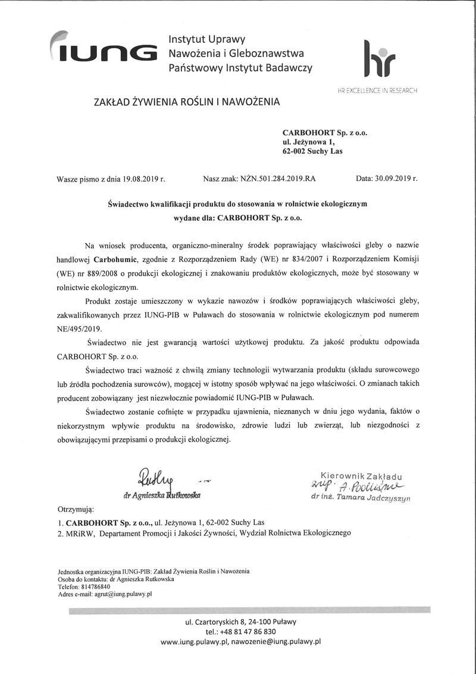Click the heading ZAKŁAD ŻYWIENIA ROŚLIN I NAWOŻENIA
(186, 102)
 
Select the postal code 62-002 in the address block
(296, 151)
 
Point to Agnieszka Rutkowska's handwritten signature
(156, 478)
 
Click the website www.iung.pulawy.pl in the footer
(195, 642)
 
